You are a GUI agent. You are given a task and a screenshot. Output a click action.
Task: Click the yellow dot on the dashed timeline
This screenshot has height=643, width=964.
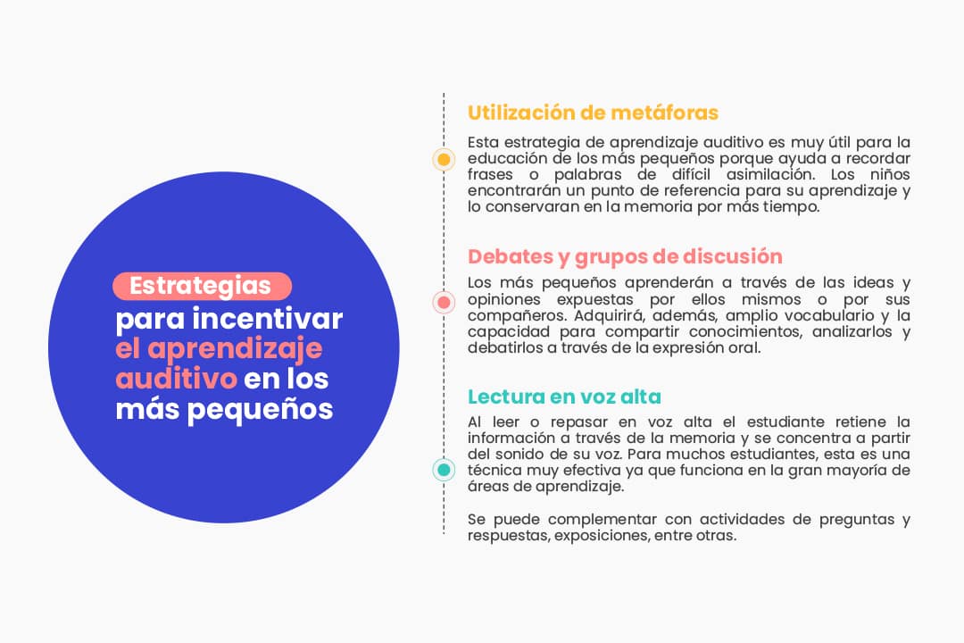(444, 160)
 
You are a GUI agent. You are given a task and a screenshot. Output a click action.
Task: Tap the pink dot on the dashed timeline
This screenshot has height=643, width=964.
(444, 303)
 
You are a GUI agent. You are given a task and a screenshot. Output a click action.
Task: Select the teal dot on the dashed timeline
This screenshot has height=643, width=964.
(444, 470)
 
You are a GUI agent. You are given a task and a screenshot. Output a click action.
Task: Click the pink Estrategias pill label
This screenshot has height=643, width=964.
(202, 286)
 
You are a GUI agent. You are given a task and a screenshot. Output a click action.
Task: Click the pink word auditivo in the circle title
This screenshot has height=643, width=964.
(176, 378)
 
